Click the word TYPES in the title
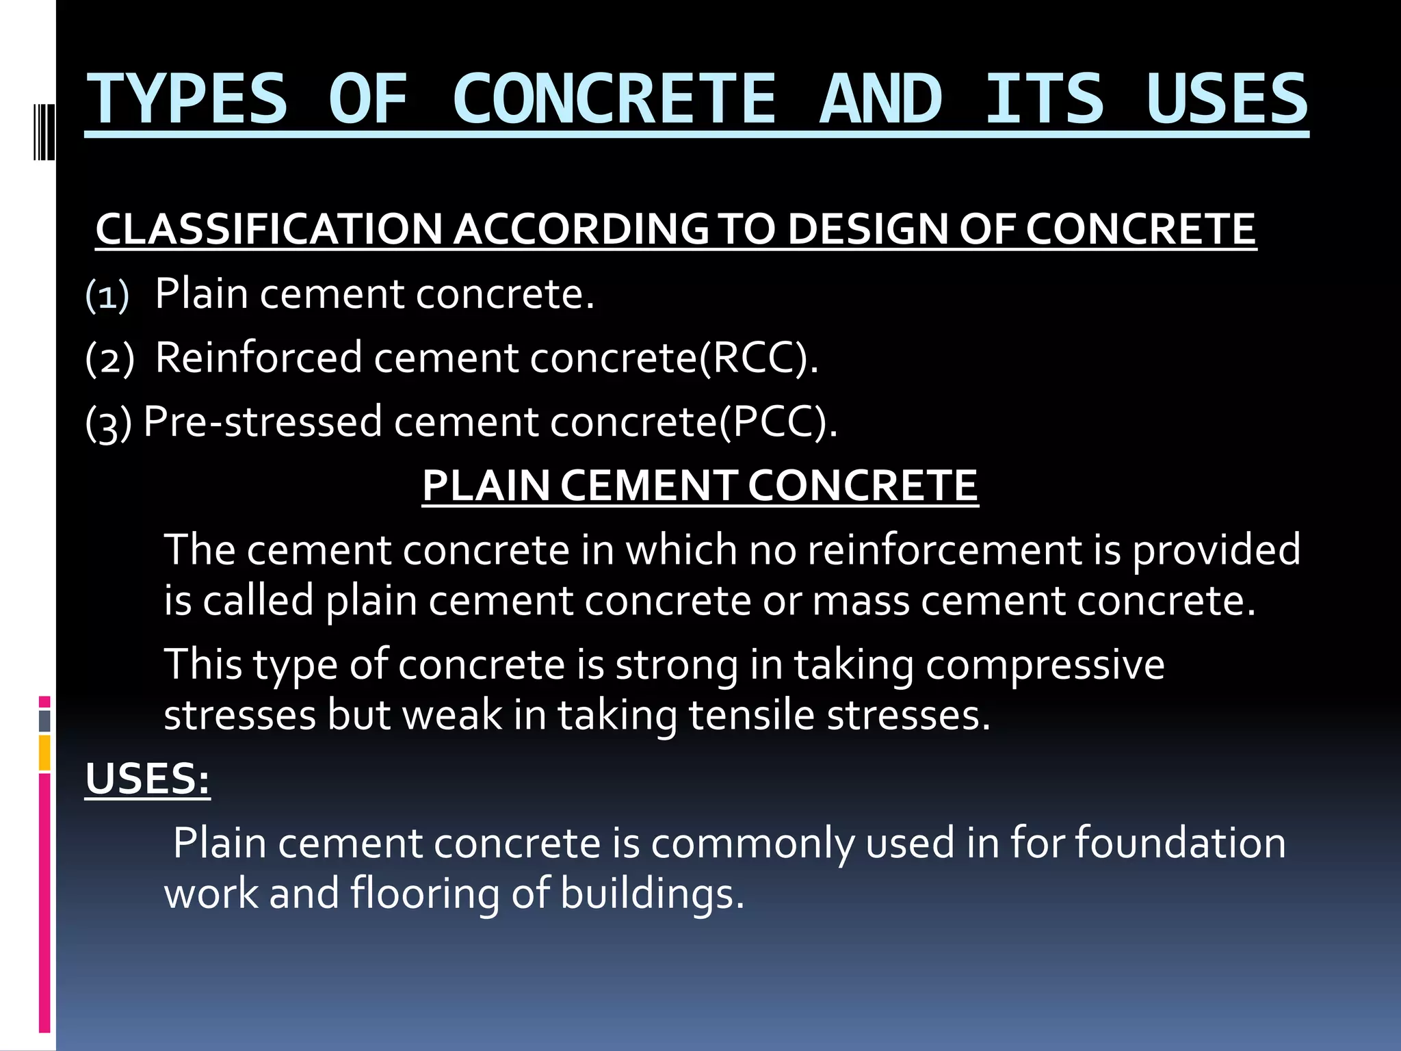[186, 100]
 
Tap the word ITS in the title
[1044, 100]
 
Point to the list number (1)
[107, 296]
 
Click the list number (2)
[109, 359]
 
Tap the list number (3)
[108, 423]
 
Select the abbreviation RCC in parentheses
[757, 358]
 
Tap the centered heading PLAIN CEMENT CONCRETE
[700, 486]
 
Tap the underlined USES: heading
[147, 779]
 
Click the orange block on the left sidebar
[44, 753]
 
